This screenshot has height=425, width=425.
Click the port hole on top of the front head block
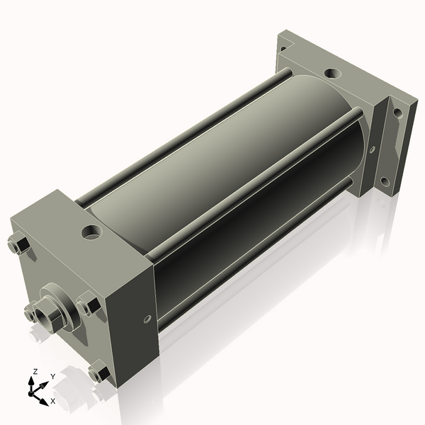coord(91,231)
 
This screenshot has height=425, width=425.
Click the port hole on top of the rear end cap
coord(331,72)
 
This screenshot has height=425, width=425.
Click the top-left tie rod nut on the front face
coord(19,245)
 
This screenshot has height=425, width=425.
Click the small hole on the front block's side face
coord(148,319)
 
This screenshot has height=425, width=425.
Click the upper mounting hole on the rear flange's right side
coord(398,112)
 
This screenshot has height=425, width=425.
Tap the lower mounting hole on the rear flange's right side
coord(385,182)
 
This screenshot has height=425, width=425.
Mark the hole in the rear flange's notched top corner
coord(284,47)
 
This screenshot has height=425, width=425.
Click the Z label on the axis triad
coord(34,372)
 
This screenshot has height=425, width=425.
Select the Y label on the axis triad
coord(52,377)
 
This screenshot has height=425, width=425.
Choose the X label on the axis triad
coord(52,401)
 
